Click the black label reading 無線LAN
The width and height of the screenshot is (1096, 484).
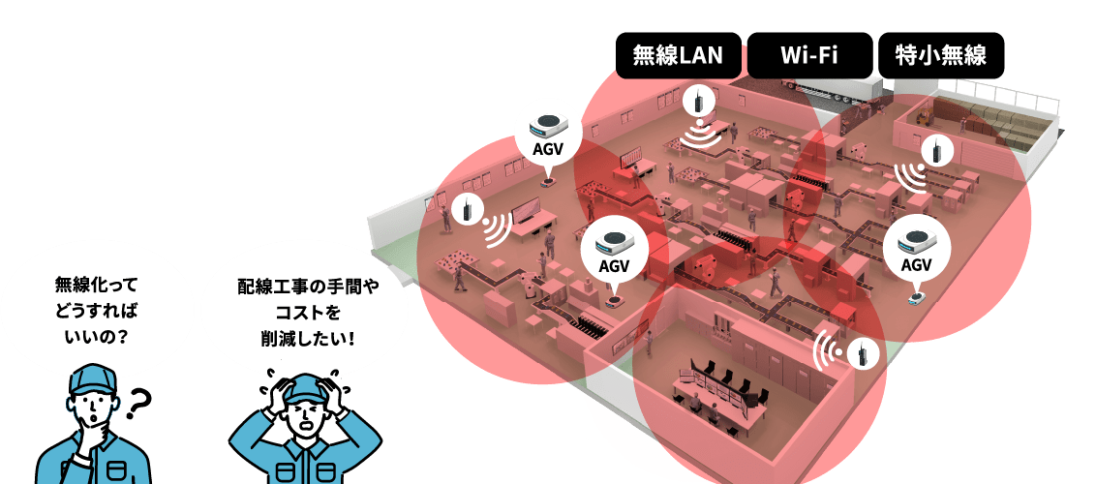(678, 55)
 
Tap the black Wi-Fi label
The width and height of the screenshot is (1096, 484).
(808, 55)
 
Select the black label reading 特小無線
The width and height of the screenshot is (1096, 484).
(940, 55)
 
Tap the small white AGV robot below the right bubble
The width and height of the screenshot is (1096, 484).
(915, 297)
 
